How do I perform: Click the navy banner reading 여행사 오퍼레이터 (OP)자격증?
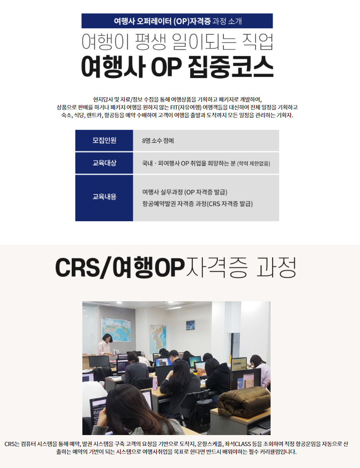[177, 21]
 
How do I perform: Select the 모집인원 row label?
[104, 140]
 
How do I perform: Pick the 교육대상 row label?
[104, 163]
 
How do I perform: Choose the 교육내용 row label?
[104, 197]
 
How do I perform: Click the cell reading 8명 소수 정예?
[158, 140]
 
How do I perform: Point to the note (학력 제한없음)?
[253, 163]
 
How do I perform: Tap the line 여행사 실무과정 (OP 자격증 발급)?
[185, 192]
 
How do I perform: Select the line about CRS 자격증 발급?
[197, 204]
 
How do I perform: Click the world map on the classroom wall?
[116, 330]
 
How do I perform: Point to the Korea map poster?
[158, 339]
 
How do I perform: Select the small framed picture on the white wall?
[191, 325]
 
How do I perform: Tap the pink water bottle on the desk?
[155, 383]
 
